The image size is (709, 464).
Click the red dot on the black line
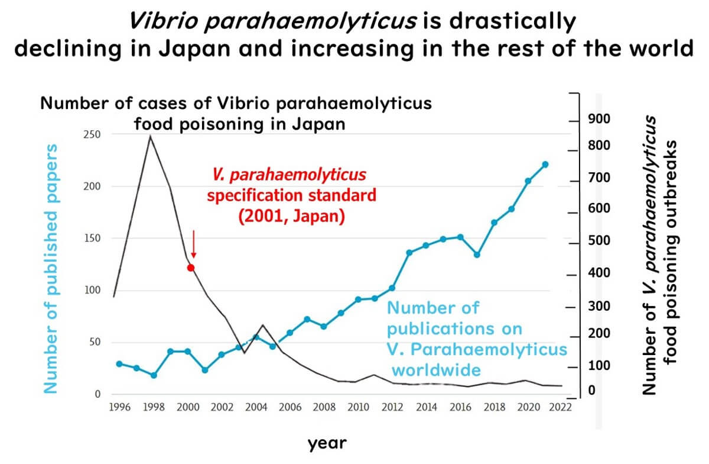tap(191, 268)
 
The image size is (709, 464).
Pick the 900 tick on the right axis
tap(597, 120)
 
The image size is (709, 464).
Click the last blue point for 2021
tap(545, 165)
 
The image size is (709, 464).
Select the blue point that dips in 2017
tap(477, 254)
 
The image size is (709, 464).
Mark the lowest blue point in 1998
tap(154, 375)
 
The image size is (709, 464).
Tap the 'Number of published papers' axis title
tap(52, 268)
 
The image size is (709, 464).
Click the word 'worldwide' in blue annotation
tap(436, 370)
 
